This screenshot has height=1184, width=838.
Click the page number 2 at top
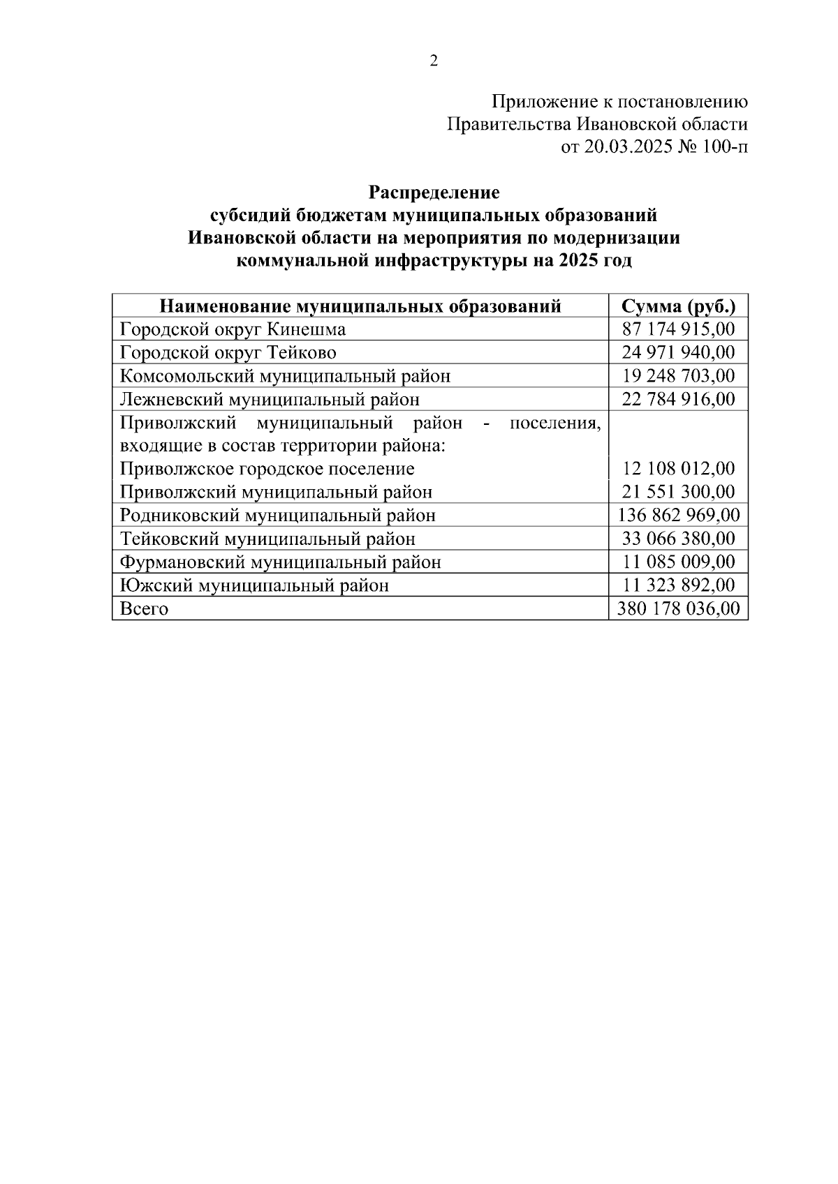(434, 61)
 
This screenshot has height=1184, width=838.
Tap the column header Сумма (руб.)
(678, 306)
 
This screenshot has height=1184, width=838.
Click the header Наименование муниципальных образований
(360, 306)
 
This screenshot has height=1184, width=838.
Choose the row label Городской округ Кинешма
(233, 329)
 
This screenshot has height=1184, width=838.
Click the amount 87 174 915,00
(678, 329)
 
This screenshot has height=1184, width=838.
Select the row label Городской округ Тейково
(228, 352)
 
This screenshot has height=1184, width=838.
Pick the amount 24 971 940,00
(678, 352)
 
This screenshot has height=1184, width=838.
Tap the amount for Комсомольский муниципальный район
(678, 376)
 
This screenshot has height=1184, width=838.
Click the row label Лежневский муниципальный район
(270, 399)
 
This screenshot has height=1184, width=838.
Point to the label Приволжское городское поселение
(267, 469)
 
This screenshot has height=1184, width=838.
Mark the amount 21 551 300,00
(678, 492)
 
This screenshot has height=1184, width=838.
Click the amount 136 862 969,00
(678, 516)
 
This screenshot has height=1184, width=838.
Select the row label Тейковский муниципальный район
(267, 539)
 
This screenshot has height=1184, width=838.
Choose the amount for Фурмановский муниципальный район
(678, 562)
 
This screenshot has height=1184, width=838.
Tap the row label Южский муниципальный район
(254, 585)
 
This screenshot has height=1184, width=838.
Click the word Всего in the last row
(144, 609)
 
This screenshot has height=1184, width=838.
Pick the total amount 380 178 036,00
(678, 609)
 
